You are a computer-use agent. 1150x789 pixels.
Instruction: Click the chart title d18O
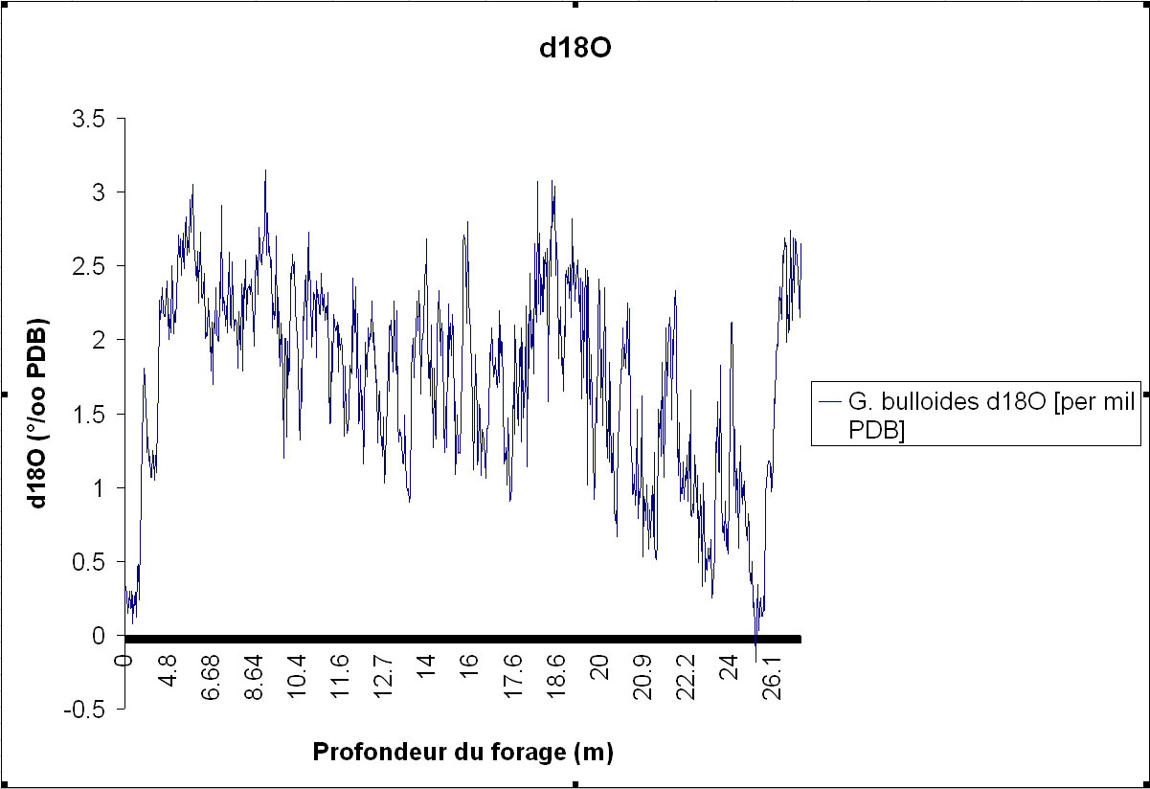(x=575, y=51)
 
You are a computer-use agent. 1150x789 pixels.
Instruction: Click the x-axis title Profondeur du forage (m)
(x=462, y=752)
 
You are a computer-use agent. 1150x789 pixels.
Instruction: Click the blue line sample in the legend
(x=830, y=402)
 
